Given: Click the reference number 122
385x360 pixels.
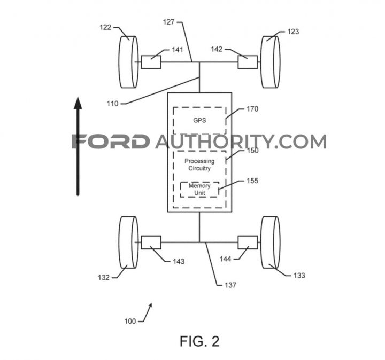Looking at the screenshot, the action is [x=105, y=27].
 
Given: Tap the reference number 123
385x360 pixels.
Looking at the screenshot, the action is [x=293, y=32].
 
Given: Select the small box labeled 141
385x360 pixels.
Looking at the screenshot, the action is [x=151, y=62].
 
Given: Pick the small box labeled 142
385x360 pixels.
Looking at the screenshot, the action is [x=248, y=62].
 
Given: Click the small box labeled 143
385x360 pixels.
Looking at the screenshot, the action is [x=151, y=242].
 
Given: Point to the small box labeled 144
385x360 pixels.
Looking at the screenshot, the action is [x=248, y=242].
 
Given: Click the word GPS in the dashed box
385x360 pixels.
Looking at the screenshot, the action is [x=199, y=120].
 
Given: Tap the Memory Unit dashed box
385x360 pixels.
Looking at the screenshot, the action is [x=199, y=189].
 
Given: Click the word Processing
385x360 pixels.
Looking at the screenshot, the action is [x=199, y=161].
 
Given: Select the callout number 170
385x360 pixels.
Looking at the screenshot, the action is [x=252, y=109].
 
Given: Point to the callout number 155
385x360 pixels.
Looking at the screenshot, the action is [x=252, y=181].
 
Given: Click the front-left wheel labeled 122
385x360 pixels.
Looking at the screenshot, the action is [x=128, y=62].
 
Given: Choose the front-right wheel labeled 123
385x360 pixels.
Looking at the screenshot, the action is [x=270, y=62].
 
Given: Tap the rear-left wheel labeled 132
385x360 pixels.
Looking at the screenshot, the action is [x=128, y=242].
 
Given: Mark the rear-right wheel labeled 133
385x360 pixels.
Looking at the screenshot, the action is [x=270, y=242].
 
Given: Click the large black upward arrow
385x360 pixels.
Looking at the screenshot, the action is [x=78, y=146].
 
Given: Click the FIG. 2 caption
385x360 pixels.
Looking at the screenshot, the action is [x=199, y=341].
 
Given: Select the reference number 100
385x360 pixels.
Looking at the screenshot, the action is [x=130, y=321].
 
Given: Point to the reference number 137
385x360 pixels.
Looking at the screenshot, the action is [x=230, y=285].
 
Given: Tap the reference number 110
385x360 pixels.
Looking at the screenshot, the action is [x=112, y=104].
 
